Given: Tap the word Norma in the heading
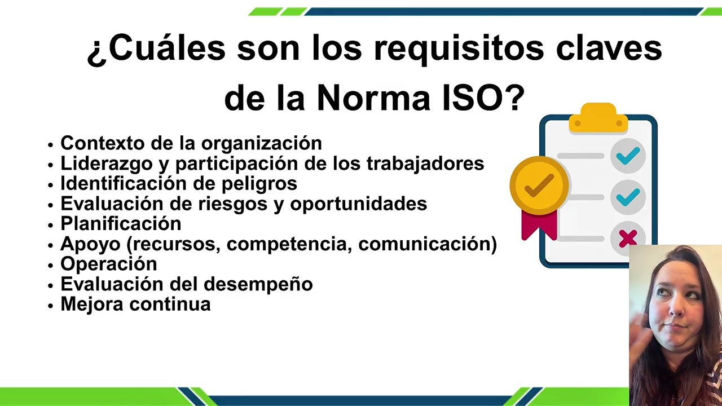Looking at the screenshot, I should (373, 98).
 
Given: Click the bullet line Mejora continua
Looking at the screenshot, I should (135, 304).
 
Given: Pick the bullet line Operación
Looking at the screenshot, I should (109, 264).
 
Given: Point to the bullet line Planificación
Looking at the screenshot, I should (121, 224).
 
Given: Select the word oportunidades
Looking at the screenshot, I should (358, 204).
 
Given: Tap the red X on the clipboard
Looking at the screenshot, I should (628, 239).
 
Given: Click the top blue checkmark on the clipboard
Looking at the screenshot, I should (628, 156).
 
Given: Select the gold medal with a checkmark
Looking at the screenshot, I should (539, 186).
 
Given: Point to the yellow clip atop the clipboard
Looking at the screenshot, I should (598, 118).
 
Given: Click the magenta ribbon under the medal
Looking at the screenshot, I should (539, 226).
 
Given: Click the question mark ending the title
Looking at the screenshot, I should (513, 98).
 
